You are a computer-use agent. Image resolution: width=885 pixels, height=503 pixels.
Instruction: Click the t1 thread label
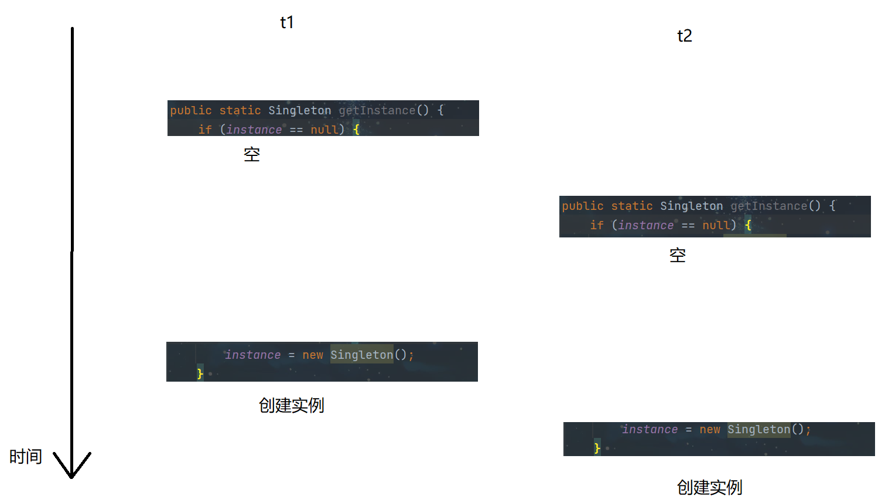click(286, 23)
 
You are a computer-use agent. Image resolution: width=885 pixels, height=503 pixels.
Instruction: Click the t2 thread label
click(684, 36)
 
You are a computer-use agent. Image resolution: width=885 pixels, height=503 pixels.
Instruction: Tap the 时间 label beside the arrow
click(26, 457)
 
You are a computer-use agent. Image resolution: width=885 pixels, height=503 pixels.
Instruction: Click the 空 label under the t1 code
click(252, 155)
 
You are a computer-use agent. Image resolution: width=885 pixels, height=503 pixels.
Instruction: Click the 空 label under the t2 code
click(678, 256)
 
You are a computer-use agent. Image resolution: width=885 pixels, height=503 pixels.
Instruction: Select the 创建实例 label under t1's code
click(291, 406)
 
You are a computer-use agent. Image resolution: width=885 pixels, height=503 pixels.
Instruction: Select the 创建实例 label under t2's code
click(709, 487)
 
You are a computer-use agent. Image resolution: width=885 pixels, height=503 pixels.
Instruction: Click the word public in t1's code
click(191, 110)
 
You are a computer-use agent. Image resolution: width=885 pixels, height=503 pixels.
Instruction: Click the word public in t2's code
click(583, 206)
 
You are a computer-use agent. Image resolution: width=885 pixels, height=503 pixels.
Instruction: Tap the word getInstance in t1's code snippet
click(377, 110)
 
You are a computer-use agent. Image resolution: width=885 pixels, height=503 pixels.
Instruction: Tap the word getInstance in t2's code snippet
click(769, 206)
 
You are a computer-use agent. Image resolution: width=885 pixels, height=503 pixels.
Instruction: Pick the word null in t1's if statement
click(324, 130)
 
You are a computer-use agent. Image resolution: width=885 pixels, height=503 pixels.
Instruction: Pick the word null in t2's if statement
click(716, 225)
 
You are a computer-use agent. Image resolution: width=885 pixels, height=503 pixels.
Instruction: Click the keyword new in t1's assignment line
click(313, 355)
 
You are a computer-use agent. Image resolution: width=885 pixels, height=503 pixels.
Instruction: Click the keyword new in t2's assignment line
click(710, 430)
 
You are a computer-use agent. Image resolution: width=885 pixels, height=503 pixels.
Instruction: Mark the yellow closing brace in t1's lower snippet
click(200, 373)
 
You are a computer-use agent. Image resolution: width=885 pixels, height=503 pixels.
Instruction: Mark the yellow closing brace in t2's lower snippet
click(597, 448)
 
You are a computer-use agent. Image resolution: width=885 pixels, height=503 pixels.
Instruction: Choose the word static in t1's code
click(240, 110)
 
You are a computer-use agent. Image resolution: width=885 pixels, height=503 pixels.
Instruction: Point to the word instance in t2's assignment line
click(650, 430)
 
